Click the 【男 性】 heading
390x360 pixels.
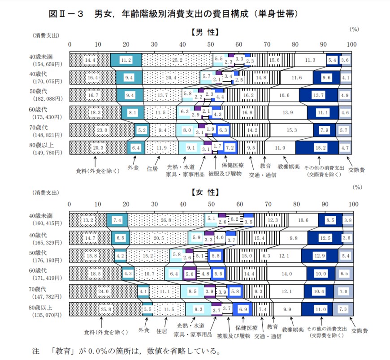tap(204, 32)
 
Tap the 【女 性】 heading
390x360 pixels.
tap(204, 193)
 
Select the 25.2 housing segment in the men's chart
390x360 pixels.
tap(177, 60)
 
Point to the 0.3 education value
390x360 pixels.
tap(266, 256)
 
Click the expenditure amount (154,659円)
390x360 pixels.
tap(48, 64)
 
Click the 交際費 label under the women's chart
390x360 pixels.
tap(360, 331)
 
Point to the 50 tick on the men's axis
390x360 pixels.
tap(211, 44)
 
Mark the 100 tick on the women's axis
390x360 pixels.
tap(353, 204)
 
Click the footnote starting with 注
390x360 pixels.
tap(126, 350)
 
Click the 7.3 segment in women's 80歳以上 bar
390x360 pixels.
tap(343, 309)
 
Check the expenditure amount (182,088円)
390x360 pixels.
tap(48, 99)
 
